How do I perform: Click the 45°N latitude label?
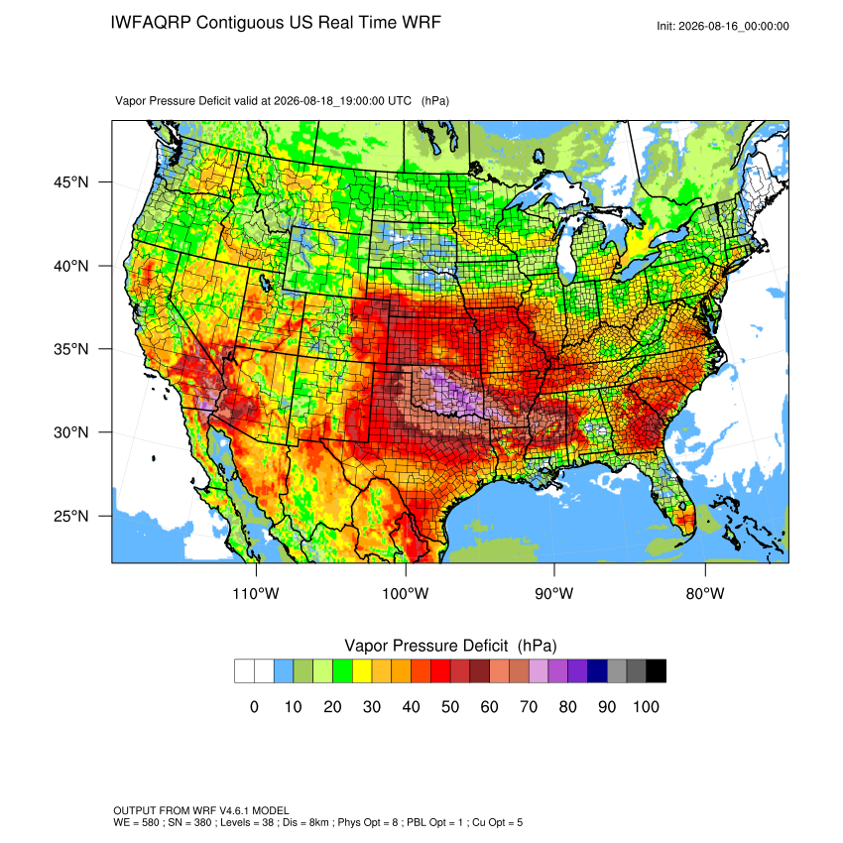(71, 182)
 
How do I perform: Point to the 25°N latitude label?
(71, 516)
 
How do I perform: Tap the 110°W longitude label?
(256, 593)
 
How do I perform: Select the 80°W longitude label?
(705, 593)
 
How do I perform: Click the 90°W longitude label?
(554, 593)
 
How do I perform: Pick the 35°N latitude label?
(71, 349)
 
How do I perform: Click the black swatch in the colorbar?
(657, 671)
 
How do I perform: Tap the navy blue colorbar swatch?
(597, 671)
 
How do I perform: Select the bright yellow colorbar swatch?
(362, 671)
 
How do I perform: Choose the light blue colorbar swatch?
(284, 671)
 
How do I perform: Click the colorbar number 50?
(450, 706)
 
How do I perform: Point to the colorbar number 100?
(646, 706)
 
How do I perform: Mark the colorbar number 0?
(254, 706)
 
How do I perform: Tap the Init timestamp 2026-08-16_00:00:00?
(733, 27)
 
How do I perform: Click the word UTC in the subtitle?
(400, 101)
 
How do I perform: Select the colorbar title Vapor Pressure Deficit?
(425, 646)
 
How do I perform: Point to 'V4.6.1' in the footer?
(235, 810)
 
